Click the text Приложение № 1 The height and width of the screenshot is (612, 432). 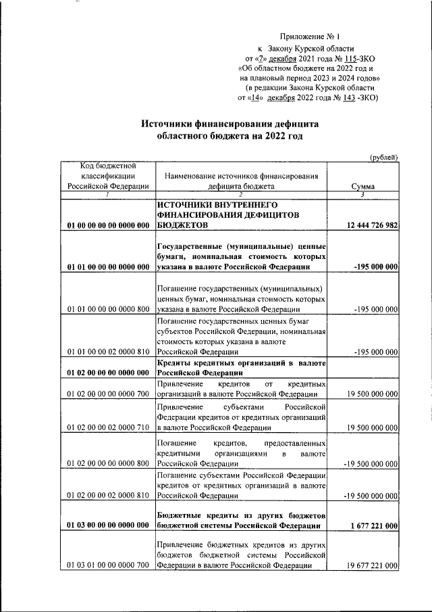click(x=308, y=36)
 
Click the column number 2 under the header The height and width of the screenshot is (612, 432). click(x=241, y=195)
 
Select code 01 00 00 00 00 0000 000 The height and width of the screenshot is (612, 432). click(x=108, y=225)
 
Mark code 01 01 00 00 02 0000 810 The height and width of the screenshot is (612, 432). click(x=108, y=352)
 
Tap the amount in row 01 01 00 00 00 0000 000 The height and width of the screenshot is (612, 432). click(x=375, y=267)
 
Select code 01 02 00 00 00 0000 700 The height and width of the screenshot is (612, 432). click(x=108, y=394)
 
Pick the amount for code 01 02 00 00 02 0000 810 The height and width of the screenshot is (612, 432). click(x=370, y=495)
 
